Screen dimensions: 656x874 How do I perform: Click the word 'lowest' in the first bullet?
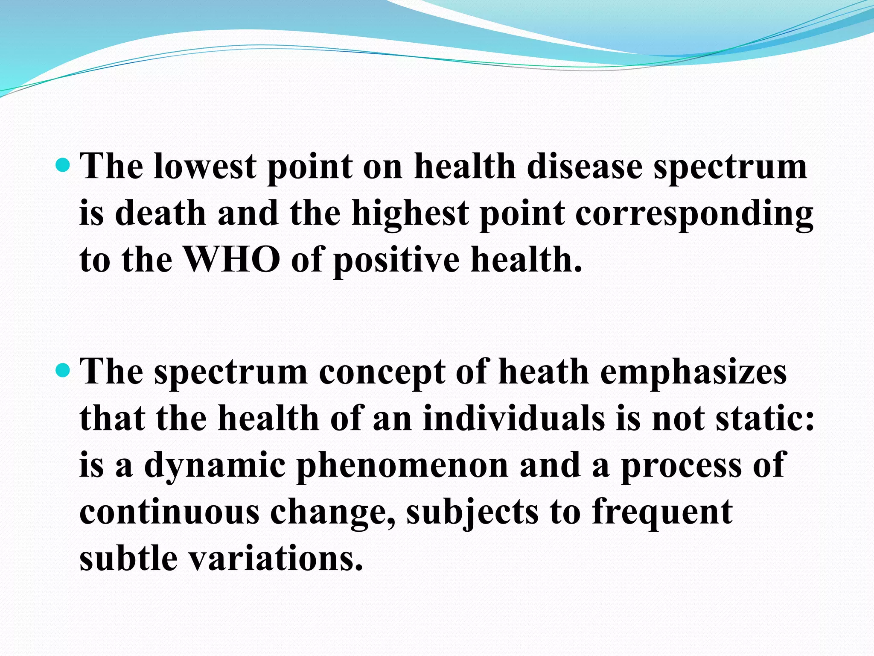tap(205, 167)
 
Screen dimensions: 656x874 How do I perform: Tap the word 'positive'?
tap(396, 261)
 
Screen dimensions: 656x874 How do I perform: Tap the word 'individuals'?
tap(514, 419)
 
